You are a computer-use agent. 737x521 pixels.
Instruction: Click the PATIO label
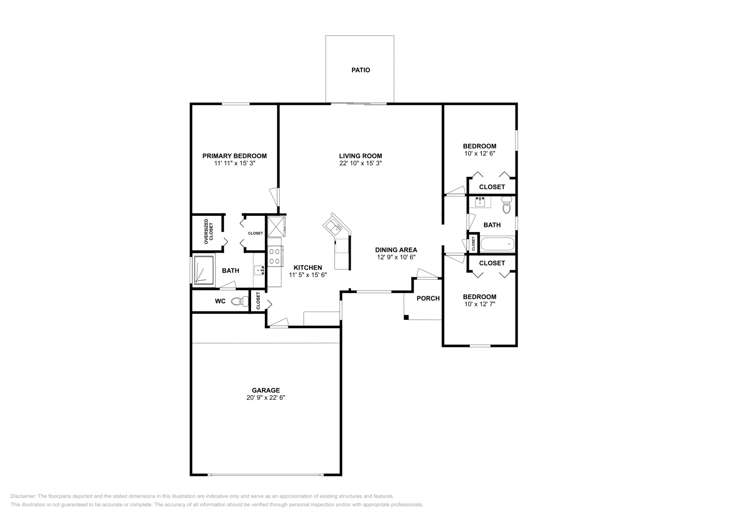point(361,70)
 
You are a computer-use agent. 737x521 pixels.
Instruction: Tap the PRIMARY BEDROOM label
point(234,156)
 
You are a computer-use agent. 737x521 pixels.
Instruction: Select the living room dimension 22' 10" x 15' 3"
point(361,163)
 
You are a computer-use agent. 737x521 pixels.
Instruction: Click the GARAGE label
point(266,390)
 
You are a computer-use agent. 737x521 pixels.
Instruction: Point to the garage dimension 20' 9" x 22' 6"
point(266,398)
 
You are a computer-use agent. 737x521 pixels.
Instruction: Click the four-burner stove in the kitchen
point(275,256)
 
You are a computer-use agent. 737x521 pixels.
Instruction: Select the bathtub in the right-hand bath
point(497,243)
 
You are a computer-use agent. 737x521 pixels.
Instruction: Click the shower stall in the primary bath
point(203,270)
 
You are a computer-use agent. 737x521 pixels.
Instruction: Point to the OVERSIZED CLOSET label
point(209,230)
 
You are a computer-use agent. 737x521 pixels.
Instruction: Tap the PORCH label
point(428,298)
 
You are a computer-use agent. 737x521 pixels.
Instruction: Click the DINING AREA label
point(396,250)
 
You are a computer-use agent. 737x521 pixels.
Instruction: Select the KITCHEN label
point(308,267)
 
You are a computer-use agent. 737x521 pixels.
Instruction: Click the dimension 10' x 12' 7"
point(480,304)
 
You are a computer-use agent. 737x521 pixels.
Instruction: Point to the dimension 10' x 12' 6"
point(480,154)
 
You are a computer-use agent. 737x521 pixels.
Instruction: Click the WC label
point(220,301)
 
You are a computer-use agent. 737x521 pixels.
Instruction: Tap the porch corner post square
point(406,317)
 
